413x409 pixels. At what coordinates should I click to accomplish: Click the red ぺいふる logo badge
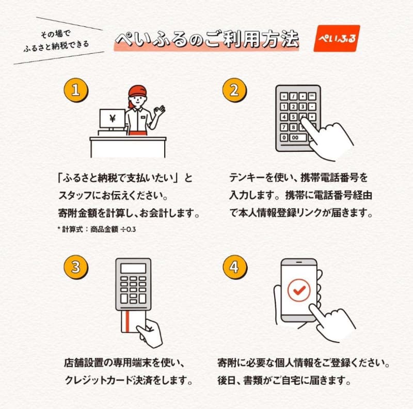tap(336, 38)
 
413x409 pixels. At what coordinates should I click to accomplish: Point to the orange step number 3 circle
tap(76, 267)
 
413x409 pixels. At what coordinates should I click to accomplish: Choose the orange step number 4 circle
tap(233, 267)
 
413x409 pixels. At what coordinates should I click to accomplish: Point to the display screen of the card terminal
tap(133, 268)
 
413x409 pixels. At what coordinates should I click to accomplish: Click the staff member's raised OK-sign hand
tap(160, 110)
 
